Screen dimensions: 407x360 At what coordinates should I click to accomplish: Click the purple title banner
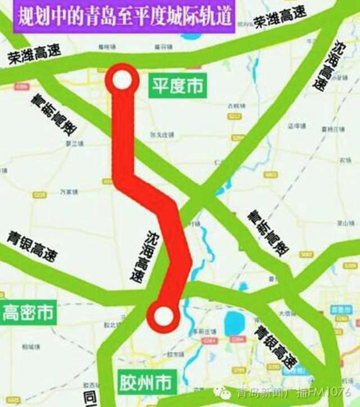tap(124, 16)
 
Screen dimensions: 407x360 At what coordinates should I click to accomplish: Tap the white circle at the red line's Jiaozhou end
tap(163, 316)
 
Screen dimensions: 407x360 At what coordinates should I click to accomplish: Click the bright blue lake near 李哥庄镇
tap(233, 323)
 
